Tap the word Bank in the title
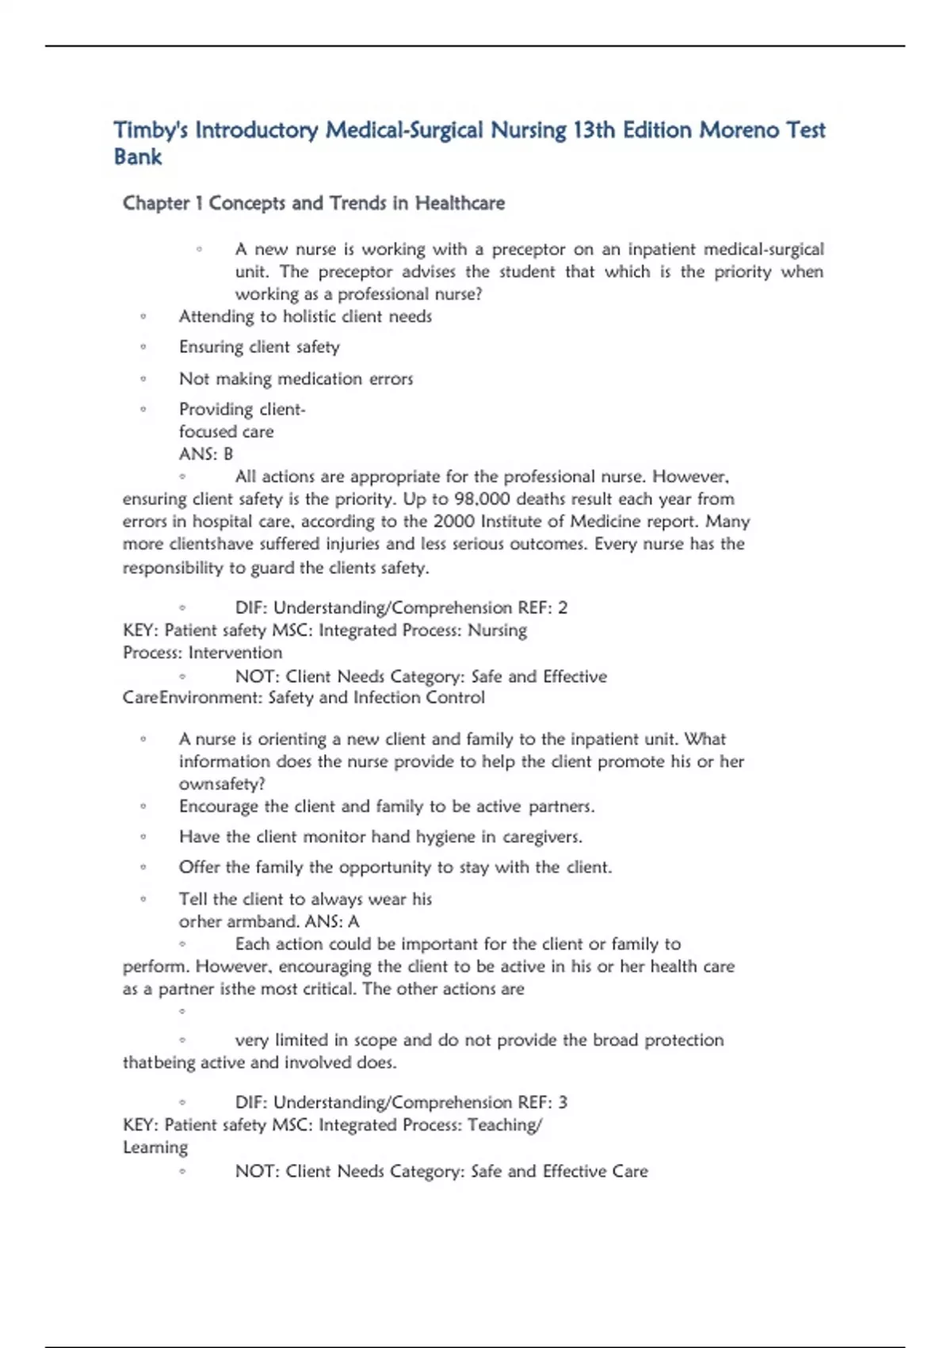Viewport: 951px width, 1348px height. [x=138, y=157]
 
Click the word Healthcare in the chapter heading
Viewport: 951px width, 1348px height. [x=460, y=204]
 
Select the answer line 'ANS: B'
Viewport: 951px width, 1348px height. [x=206, y=454]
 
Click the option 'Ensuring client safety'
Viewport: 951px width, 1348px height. [x=259, y=347]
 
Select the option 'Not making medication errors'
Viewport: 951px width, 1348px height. [x=296, y=379]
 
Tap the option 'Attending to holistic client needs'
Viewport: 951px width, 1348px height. [x=305, y=317]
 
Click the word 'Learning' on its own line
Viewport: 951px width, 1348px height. [x=155, y=1148]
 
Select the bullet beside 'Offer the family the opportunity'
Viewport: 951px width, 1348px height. [x=143, y=867]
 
